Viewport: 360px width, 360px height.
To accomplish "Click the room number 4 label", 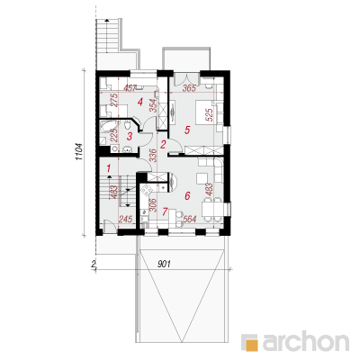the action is coord(140,103).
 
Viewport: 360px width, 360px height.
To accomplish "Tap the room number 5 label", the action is coord(187,130).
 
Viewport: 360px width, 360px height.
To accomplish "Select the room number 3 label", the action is coord(130,137).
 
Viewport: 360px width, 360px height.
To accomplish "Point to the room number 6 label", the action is coord(187,196).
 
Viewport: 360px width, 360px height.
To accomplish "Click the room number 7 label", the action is coord(165,212).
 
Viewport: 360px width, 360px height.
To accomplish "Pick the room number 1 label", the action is coord(109,168).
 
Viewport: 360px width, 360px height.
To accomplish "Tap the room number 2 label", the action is coord(163,145).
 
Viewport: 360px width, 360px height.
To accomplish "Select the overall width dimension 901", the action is coord(164,264).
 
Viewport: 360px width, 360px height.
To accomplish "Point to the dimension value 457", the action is coord(130,88).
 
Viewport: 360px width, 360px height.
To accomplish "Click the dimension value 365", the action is coord(189,88).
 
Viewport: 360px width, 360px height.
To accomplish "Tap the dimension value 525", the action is coord(210,114).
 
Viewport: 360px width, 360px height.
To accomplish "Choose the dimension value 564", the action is coord(189,220).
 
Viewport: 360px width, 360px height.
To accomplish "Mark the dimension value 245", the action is coord(125,220).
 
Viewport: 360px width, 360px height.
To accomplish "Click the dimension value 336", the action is coord(153,155).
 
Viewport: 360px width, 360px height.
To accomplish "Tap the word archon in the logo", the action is coord(306,340).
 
